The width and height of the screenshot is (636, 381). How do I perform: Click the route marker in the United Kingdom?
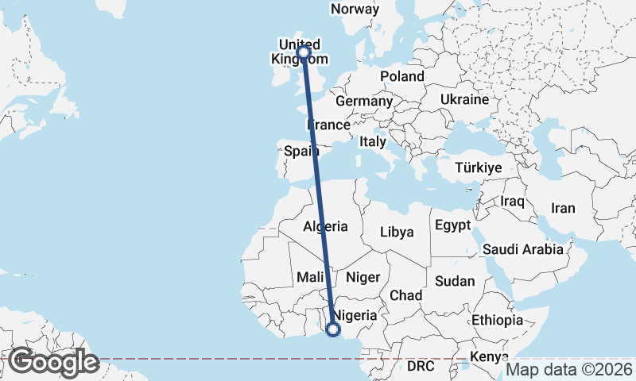click(x=303, y=52)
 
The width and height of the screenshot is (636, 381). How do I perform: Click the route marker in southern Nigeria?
click(x=333, y=329)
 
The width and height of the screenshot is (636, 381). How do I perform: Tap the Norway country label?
click(x=355, y=9)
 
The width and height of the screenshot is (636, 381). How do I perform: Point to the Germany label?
click(x=364, y=102)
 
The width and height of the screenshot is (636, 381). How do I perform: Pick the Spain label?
click(x=301, y=151)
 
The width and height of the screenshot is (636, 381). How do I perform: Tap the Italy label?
click(x=372, y=141)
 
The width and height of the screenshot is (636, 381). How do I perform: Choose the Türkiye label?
click(x=478, y=168)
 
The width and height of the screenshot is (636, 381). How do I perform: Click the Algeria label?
click(x=325, y=226)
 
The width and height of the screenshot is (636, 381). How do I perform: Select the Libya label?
click(x=397, y=233)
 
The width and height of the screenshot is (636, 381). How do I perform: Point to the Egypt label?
click(x=454, y=225)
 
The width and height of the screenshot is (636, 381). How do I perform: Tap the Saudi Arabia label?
click(x=523, y=249)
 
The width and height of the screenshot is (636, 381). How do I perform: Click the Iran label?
click(x=563, y=208)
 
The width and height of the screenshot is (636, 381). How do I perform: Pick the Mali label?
click(x=308, y=278)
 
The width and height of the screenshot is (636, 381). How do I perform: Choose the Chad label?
click(x=405, y=295)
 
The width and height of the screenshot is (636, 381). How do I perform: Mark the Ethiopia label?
click(x=497, y=321)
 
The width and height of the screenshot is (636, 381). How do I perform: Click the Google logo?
click(x=53, y=362)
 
